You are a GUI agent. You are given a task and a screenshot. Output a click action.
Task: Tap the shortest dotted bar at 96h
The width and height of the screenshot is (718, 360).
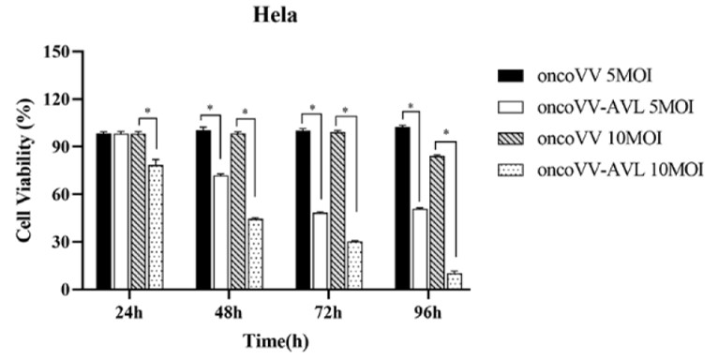click(x=455, y=281)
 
